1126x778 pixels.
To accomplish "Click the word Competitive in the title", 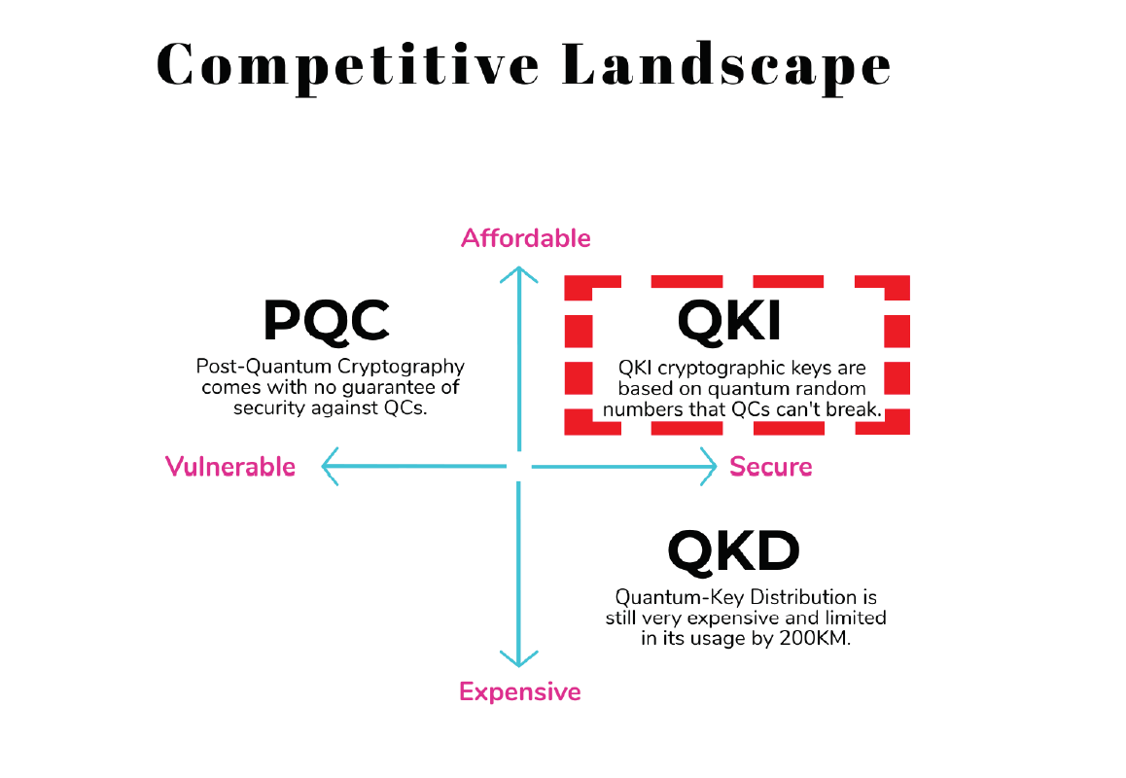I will (349, 66).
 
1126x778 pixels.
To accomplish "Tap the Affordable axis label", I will (526, 238).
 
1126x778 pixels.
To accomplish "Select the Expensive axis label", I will (520, 692).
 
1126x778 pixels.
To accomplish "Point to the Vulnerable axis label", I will (230, 467).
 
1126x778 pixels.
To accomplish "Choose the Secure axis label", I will (771, 467).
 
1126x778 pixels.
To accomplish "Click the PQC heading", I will (326, 321).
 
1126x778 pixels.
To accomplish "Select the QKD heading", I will (733, 552).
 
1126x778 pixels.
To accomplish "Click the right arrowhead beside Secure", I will (709, 468).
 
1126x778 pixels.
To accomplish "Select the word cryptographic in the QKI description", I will (721, 370).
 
